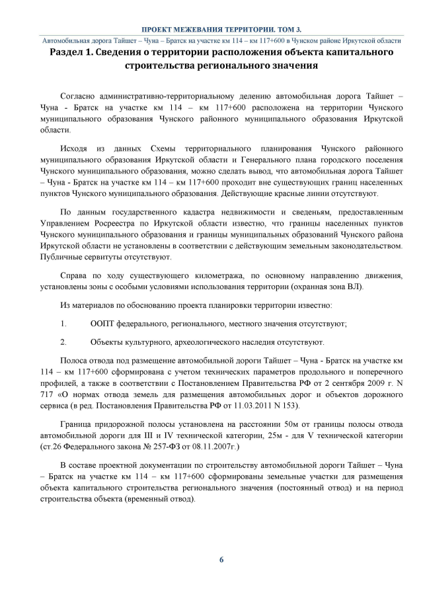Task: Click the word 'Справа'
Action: click(x=74, y=274)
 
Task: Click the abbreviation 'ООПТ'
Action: click(x=102, y=324)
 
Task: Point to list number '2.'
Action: click(x=63, y=342)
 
